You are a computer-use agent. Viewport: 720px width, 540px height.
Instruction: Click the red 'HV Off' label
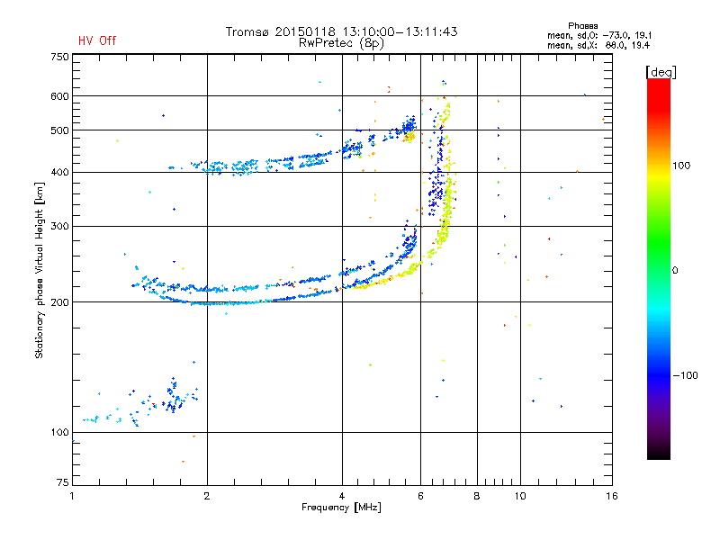tap(97, 40)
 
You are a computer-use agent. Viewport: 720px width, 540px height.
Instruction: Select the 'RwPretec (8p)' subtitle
tap(342, 42)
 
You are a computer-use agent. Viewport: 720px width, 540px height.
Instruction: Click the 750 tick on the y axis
tap(59, 57)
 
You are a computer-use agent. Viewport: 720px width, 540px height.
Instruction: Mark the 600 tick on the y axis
tap(59, 96)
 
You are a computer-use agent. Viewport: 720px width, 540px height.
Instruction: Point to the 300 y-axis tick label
tap(59, 226)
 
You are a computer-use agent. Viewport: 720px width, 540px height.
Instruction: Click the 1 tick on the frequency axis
tap(72, 496)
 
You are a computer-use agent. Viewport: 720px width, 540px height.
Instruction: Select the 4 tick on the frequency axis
tap(342, 496)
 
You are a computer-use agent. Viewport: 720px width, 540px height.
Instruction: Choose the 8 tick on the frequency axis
tap(477, 496)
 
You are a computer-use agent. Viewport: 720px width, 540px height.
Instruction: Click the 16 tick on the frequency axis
tap(611, 496)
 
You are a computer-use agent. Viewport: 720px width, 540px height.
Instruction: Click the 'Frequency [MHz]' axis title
tap(341, 508)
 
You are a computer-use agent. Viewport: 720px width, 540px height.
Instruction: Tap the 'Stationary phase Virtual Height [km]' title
tap(40, 270)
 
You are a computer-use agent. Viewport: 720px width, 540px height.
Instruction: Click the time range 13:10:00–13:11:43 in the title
tap(395, 31)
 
